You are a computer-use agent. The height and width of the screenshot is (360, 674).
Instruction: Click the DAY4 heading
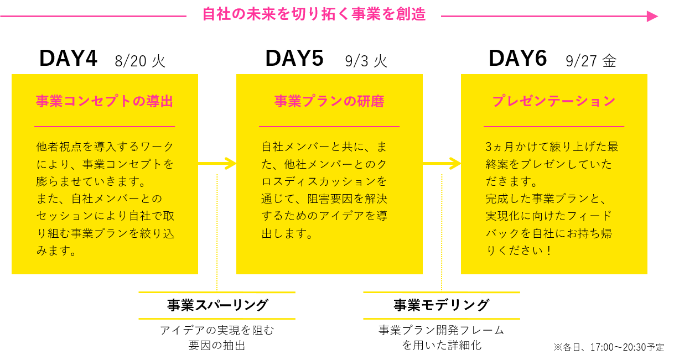click(x=68, y=59)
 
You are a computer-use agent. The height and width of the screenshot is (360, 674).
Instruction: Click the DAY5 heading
click(x=294, y=59)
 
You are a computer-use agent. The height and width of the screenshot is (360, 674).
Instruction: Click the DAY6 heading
click(x=518, y=59)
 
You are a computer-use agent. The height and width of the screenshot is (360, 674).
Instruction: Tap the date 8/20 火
click(x=140, y=60)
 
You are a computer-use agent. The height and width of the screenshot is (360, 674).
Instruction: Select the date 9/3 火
click(x=365, y=60)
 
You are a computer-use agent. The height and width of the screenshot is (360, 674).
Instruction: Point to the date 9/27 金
click(x=591, y=60)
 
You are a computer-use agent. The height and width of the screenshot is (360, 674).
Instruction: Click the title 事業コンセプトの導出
click(x=104, y=102)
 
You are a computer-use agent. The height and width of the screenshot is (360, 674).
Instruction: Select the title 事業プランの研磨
click(x=329, y=102)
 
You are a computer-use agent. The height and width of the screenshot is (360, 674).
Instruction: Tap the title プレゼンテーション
click(x=554, y=102)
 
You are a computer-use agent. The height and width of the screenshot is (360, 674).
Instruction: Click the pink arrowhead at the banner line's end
click(x=653, y=17)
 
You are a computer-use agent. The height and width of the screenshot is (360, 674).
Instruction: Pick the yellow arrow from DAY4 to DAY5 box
click(x=217, y=163)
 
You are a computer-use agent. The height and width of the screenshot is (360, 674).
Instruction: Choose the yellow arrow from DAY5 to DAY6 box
click(x=442, y=163)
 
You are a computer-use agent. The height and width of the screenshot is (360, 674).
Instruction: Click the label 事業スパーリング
click(x=217, y=305)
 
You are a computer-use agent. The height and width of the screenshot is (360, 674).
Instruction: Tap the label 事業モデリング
click(x=442, y=305)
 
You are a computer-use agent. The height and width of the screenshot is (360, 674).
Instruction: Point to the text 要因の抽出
click(x=217, y=346)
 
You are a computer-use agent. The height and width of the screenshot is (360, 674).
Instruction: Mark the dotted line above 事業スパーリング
click(x=217, y=232)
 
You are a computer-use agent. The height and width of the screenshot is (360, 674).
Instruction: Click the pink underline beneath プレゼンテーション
click(x=554, y=127)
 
